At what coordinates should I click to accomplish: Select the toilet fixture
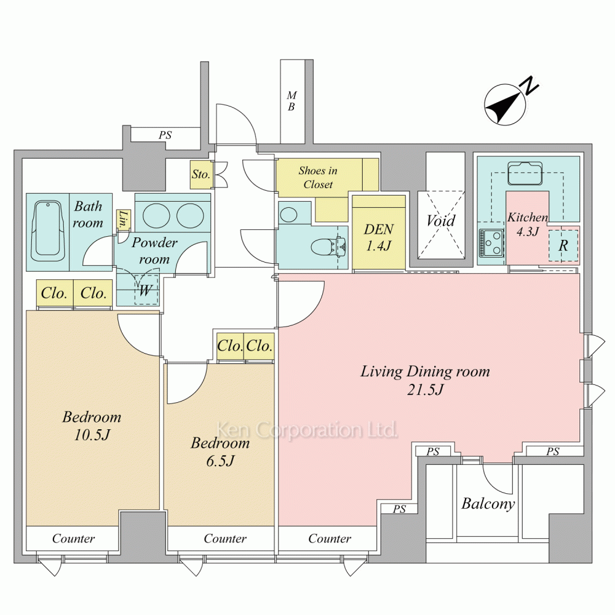328,247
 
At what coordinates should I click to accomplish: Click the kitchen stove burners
491,243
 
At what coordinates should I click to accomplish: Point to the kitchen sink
525,173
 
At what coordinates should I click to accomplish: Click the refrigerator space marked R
563,245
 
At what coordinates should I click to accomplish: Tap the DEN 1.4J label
378,237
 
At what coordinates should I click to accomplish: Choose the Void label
441,221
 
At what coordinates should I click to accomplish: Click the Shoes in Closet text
318,177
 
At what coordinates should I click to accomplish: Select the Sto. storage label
201,174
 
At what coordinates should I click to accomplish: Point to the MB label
292,101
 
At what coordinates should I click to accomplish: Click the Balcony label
488,504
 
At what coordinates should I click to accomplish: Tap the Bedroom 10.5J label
92,426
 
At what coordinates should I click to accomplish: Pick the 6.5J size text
220,461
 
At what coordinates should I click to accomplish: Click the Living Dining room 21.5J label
425,380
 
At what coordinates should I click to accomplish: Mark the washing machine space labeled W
146,290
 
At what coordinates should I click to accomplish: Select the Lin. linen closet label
123,220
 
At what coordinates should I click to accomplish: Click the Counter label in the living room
330,539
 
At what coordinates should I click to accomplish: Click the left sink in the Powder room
156,215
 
